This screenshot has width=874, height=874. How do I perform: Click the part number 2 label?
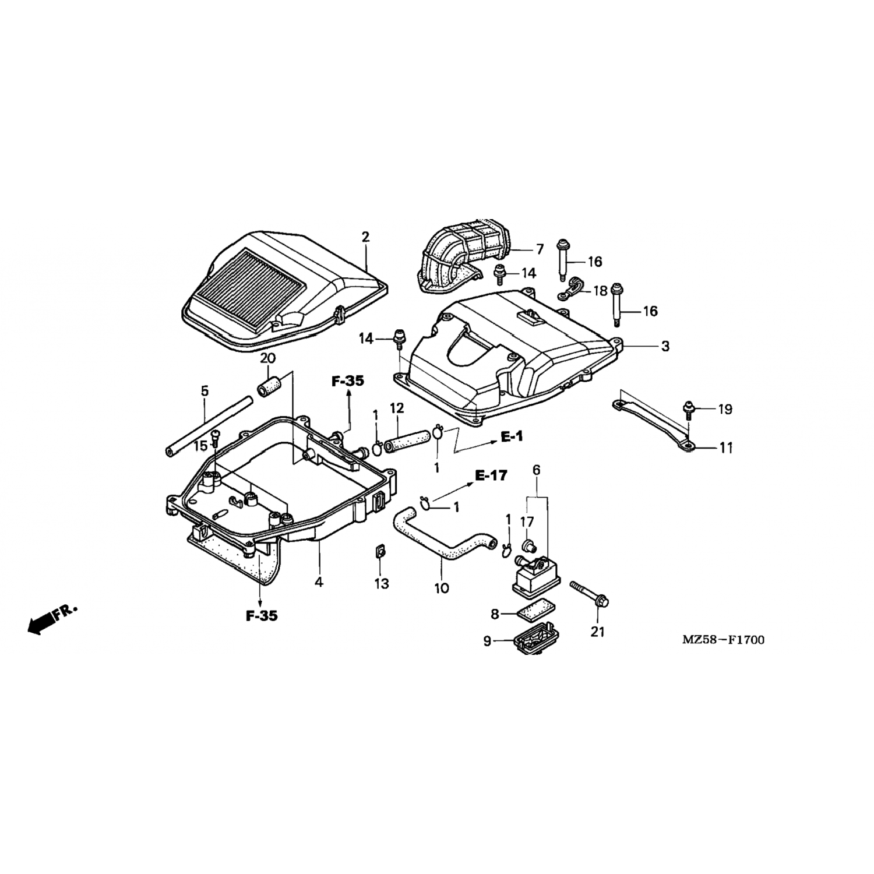[365, 237]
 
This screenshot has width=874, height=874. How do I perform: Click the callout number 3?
[665, 346]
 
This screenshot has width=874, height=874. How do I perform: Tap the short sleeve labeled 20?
[269, 386]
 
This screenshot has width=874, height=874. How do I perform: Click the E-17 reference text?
[491, 476]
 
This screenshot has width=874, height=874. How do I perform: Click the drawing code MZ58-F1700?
[723, 640]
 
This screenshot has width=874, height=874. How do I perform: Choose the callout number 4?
[319, 582]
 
